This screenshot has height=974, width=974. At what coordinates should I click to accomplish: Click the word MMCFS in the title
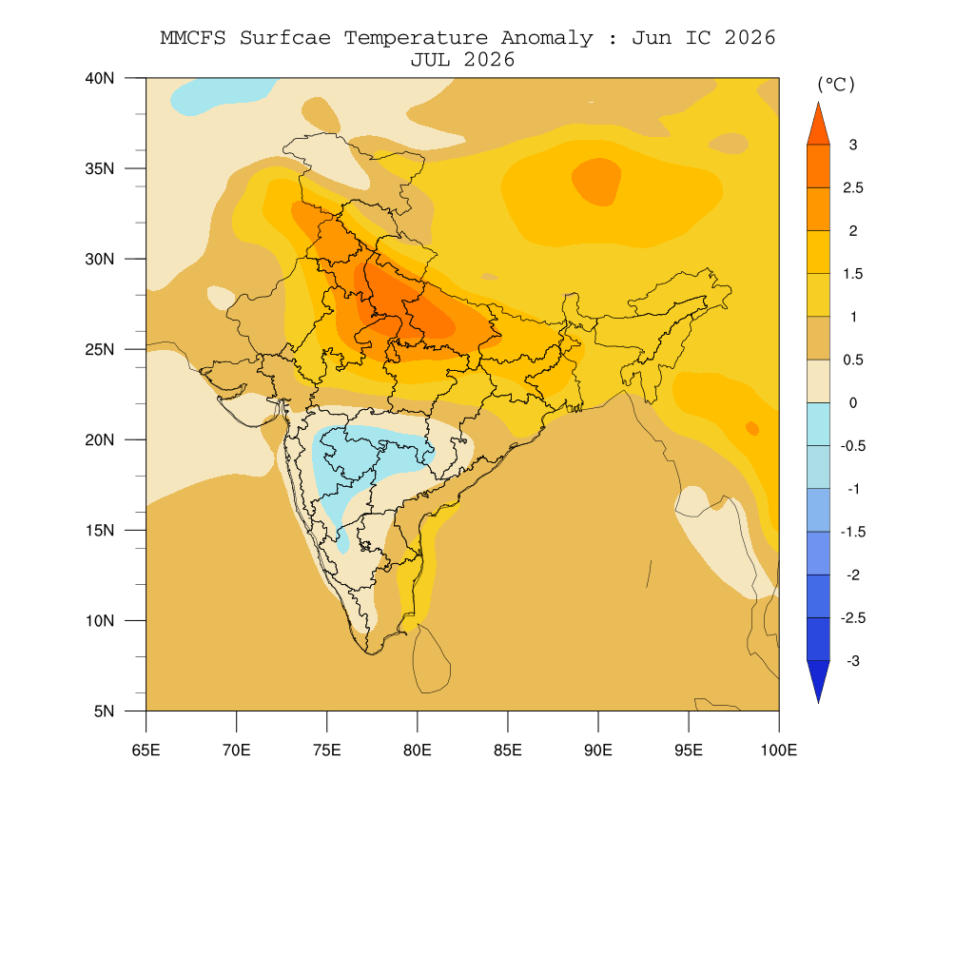193,38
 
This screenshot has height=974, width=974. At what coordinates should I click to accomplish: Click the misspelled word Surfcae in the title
285,38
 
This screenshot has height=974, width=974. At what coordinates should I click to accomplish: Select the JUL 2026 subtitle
463,60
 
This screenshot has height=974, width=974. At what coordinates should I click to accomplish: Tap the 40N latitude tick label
100,78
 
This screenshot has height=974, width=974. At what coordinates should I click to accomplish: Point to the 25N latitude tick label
100,349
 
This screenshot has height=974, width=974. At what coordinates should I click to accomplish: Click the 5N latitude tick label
105,711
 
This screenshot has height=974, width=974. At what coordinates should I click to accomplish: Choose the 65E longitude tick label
146,750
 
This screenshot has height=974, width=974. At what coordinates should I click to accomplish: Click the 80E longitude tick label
418,750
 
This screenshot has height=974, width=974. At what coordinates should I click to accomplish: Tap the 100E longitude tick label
779,750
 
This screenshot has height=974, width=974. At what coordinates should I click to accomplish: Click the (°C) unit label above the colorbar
836,85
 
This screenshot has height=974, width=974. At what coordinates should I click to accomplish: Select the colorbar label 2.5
853,188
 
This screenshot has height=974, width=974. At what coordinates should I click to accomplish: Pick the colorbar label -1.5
853,533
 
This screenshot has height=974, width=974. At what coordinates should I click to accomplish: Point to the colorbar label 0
853,403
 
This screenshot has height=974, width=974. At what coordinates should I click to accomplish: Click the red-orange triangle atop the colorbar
818,126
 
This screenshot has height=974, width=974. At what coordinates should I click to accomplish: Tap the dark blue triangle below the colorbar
818,679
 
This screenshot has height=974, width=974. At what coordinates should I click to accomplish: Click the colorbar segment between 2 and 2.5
818,209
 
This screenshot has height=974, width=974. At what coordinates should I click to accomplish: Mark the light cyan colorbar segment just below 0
818,424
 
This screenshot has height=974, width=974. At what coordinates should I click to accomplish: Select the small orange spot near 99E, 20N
752,428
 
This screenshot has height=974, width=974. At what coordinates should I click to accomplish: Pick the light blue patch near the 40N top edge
221,95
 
